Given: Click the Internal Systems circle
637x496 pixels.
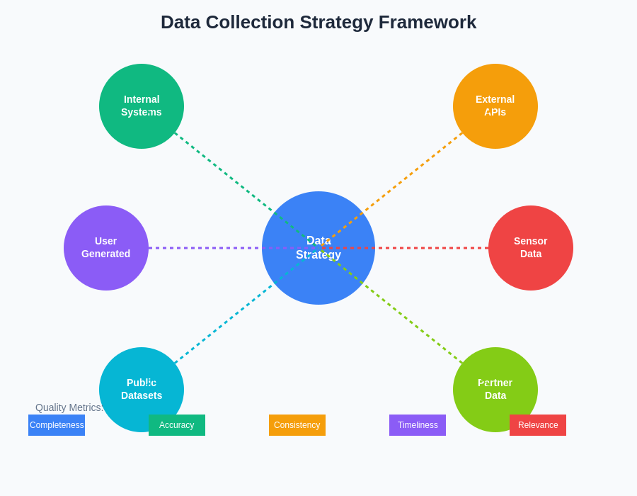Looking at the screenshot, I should (x=142, y=106).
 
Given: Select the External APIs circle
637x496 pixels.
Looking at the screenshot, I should (x=495, y=106).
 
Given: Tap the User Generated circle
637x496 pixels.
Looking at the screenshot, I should (x=106, y=248).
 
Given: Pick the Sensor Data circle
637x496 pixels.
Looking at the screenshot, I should (x=531, y=248).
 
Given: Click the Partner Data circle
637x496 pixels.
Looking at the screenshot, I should (x=495, y=386).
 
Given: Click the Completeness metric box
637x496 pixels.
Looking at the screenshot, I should (x=57, y=425).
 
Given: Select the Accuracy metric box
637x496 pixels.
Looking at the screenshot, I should (x=177, y=425).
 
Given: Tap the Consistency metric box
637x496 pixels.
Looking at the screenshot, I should (x=297, y=425).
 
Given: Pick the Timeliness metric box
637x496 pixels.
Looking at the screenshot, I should (x=418, y=425).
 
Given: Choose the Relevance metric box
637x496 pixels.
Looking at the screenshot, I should (x=538, y=425).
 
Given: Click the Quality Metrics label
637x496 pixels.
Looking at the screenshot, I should (x=69, y=407).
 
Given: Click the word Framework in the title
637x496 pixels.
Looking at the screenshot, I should (x=427, y=22).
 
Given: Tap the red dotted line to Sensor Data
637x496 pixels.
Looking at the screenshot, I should (x=432, y=248).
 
